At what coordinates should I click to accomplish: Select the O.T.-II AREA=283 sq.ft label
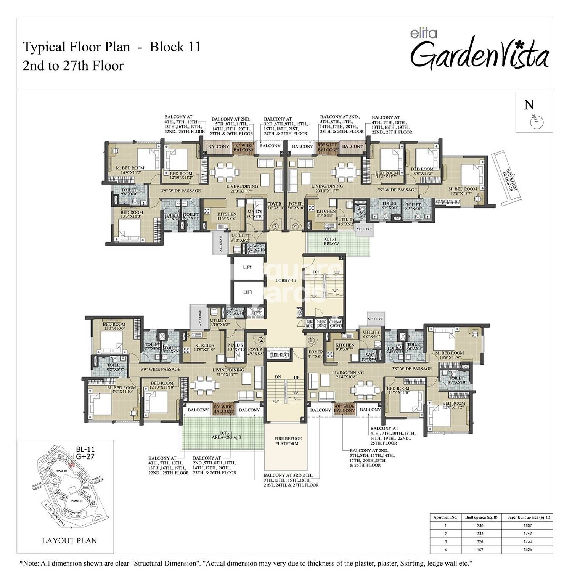222,436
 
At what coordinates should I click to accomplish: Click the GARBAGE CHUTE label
336,324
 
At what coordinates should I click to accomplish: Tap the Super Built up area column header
528,517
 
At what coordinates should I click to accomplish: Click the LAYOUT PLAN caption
69,540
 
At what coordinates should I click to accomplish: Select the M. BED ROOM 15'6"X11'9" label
450,355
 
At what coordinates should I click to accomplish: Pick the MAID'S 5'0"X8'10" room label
254,214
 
